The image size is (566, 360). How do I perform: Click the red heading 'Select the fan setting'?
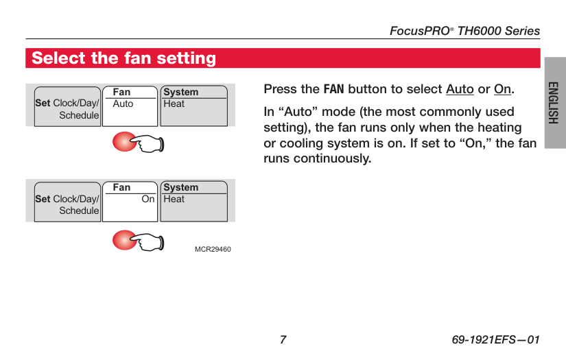click(123, 58)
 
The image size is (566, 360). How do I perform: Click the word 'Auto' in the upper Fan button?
click(123, 104)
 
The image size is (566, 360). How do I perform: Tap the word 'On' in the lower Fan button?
click(148, 199)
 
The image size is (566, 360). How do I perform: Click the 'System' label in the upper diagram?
click(181, 93)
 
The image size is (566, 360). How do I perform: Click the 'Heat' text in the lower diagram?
click(174, 199)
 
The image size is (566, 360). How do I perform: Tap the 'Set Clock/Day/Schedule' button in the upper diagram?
click(67, 106)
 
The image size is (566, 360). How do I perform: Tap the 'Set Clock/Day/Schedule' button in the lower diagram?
click(67, 202)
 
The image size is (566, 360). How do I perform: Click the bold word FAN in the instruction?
click(334, 89)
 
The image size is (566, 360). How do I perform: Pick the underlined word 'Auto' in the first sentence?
click(460, 89)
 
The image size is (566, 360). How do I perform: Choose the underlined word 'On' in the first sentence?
click(502, 89)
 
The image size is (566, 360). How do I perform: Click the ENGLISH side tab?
click(554, 103)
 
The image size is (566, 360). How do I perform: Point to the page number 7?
click(283, 340)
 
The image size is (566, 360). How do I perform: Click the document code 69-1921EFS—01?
click(495, 340)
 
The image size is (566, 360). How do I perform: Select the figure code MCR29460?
click(213, 250)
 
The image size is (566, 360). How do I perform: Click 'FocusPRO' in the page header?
click(420, 31)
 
